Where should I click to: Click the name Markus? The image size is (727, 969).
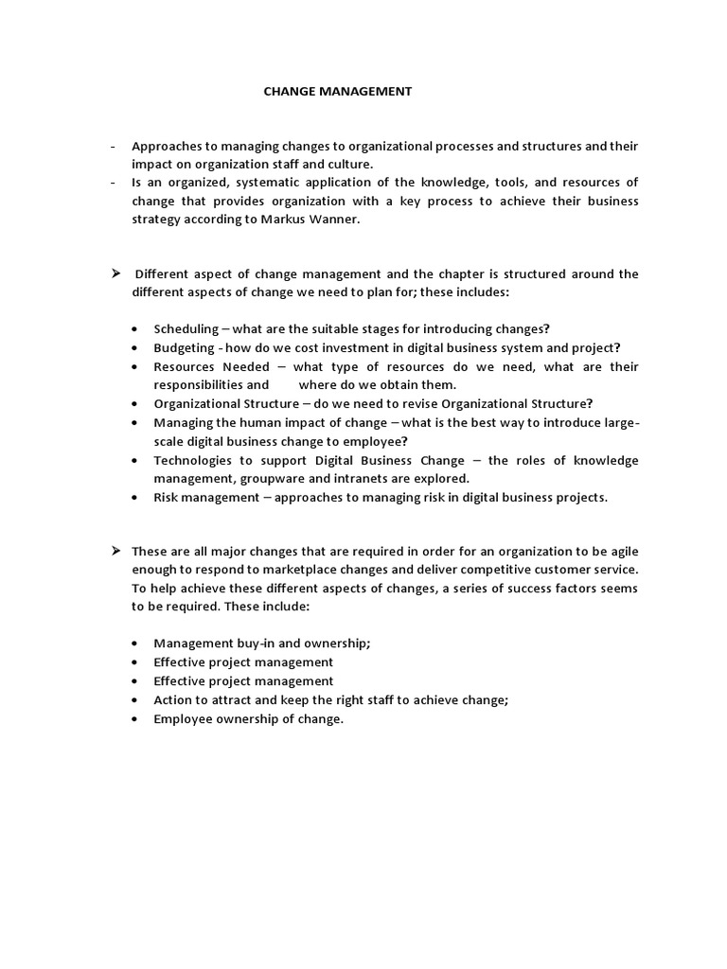click(x=287, y=220)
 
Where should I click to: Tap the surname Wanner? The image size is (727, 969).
click(x=335, y=220)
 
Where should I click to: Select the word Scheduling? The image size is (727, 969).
click(x=185, y=329)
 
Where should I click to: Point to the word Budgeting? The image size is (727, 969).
click(x=184, y=347)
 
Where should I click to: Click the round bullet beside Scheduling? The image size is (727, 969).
click(x=136, y=329)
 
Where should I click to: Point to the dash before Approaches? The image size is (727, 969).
click(x=113, y=146)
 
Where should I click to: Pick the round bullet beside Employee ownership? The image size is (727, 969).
click(x=136, y=719)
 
